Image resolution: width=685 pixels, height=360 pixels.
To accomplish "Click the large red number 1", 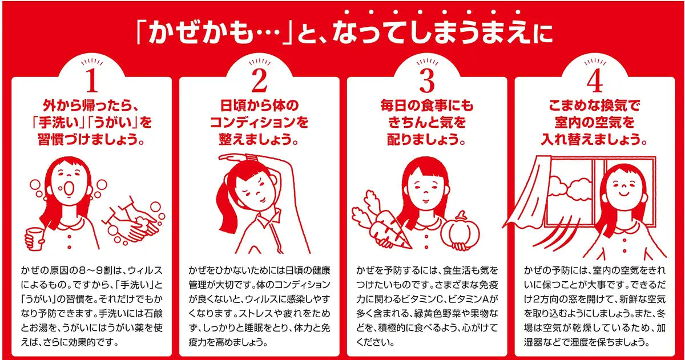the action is pos(92,80).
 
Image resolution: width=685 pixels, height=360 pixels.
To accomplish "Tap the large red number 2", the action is pos(260,80).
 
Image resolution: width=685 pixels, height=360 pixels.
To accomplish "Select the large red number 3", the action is pos(427,80).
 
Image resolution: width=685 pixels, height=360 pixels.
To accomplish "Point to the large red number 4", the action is pos(595,80).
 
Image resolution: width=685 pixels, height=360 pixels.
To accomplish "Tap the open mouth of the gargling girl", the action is pos(70,187).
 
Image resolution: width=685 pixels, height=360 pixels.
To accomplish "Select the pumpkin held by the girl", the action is pos(460,231).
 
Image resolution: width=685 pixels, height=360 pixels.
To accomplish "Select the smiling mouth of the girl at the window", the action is pos(624,194).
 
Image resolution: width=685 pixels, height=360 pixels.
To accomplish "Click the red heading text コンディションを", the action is pos(259,122).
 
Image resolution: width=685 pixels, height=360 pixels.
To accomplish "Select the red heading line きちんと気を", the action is pos(427,122).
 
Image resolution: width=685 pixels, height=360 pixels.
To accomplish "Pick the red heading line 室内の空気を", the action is pos(594,122).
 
